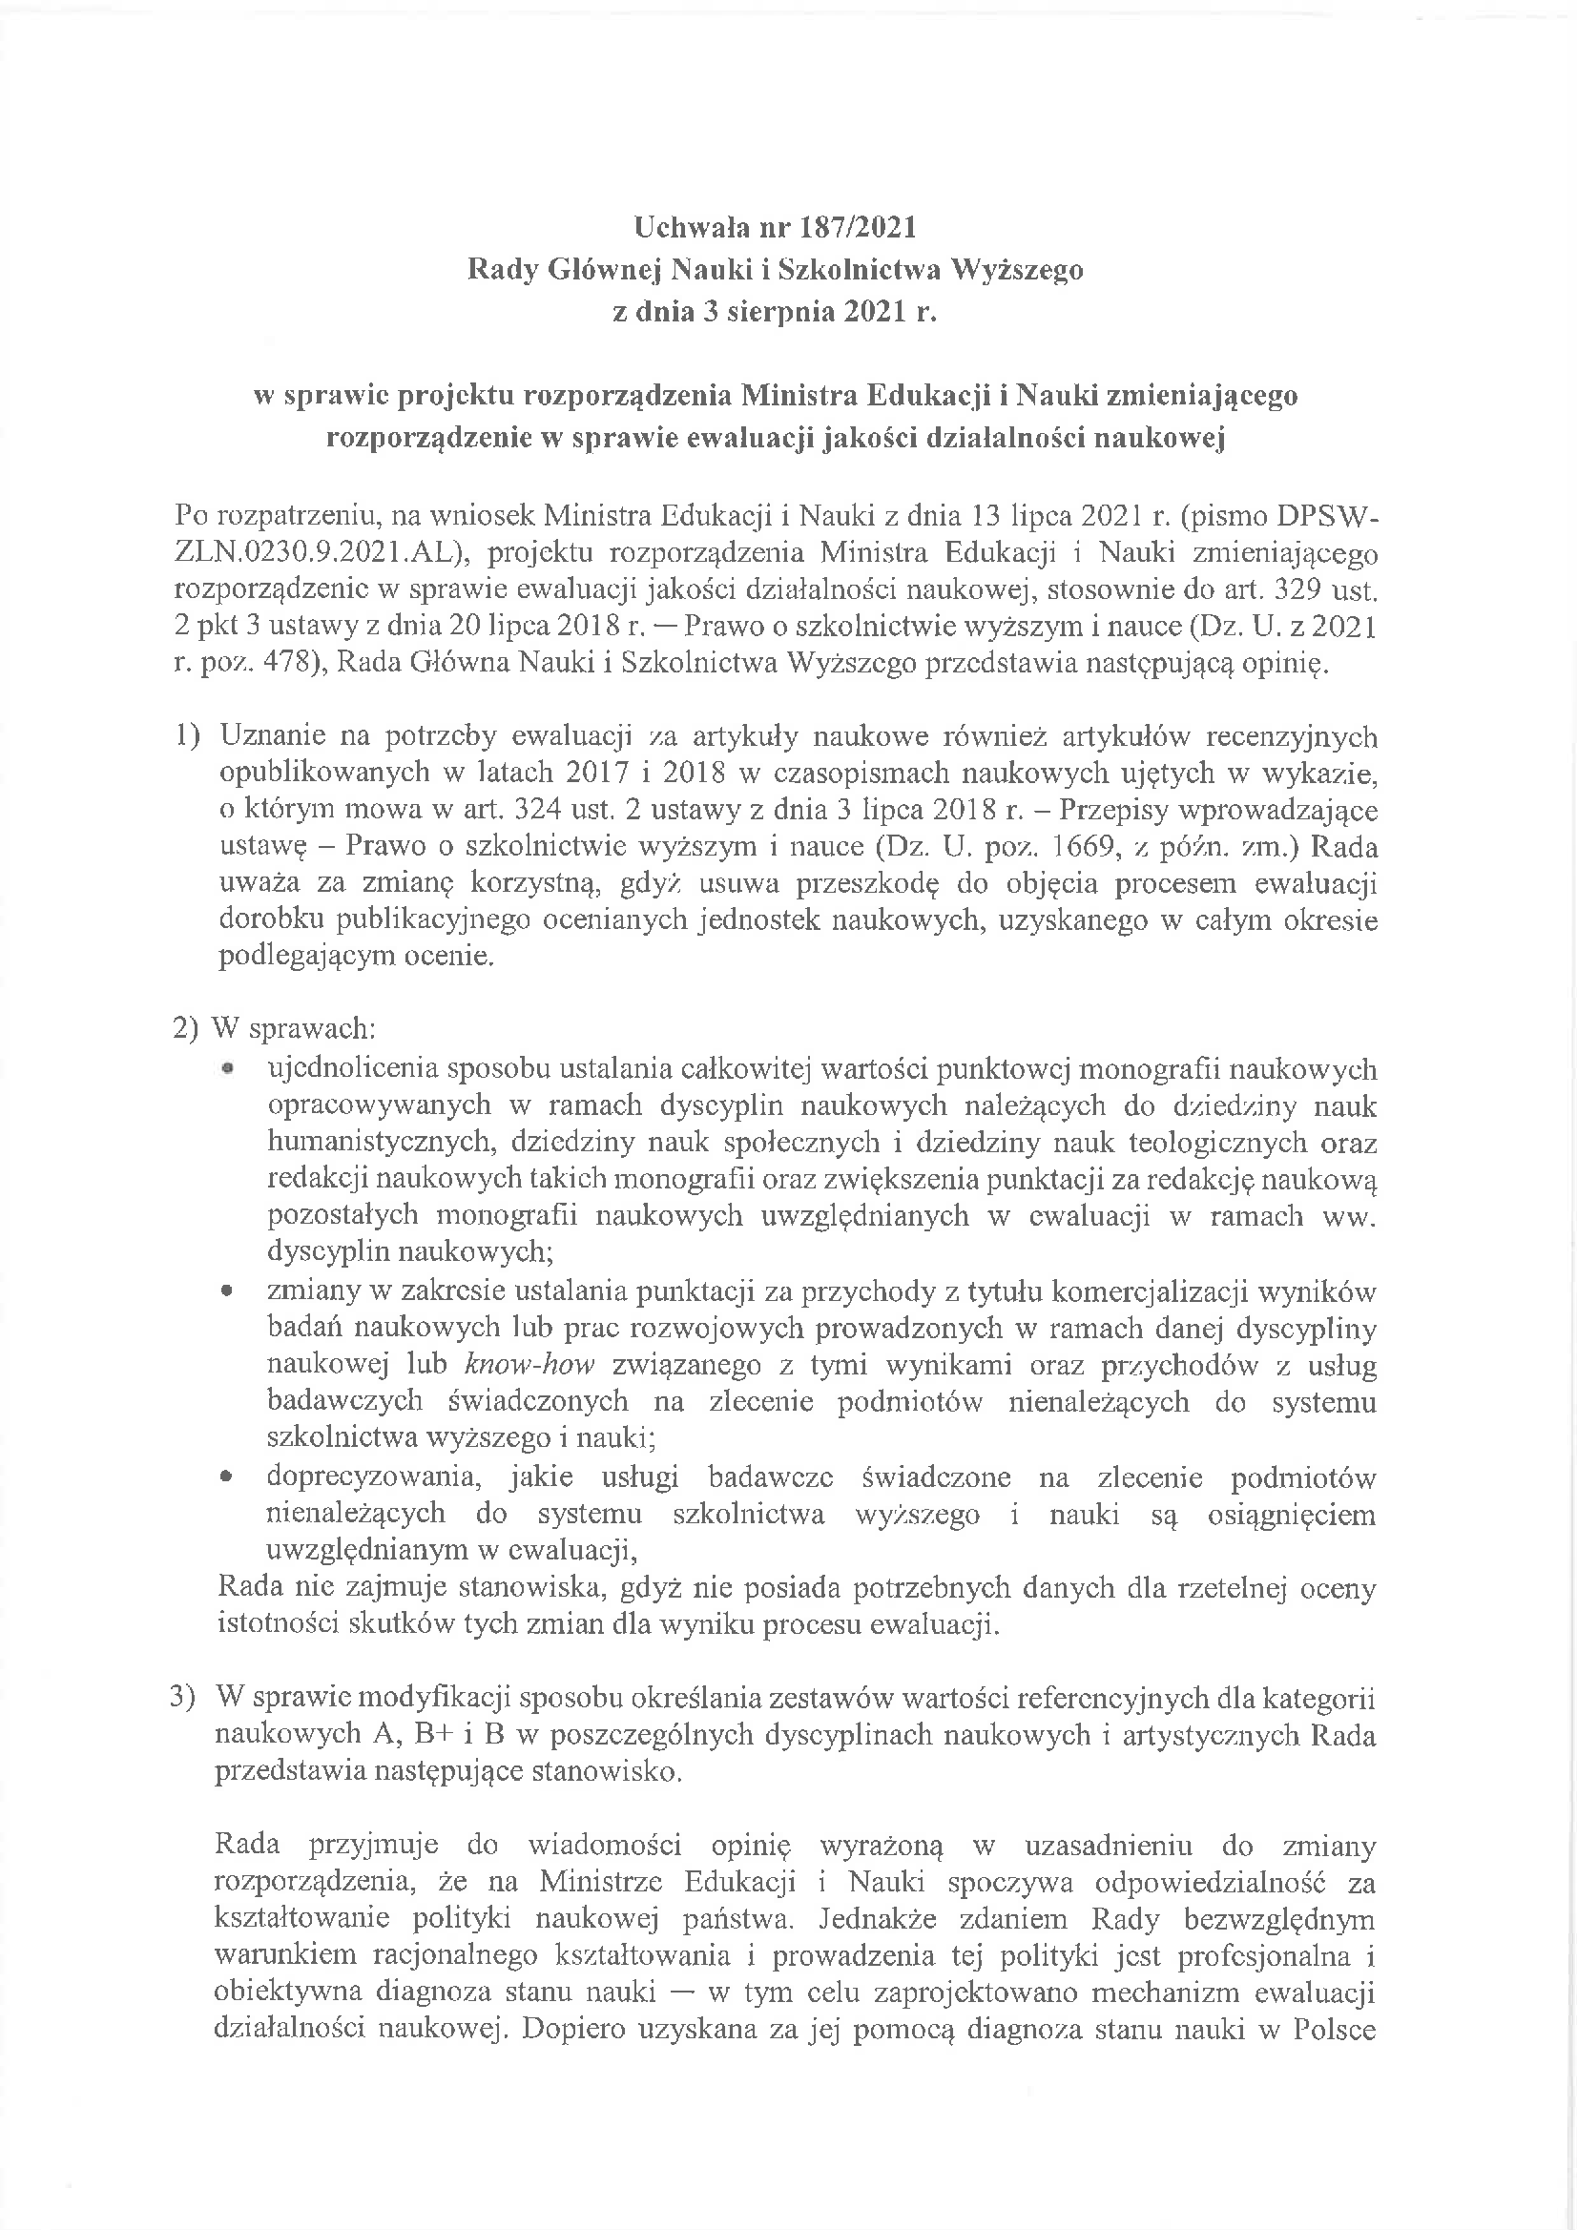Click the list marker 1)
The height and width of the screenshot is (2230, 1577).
coord(188,736)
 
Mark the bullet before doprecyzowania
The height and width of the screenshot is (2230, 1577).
coord(226,1479)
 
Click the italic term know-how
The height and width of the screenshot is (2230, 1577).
coord(529,1366)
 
